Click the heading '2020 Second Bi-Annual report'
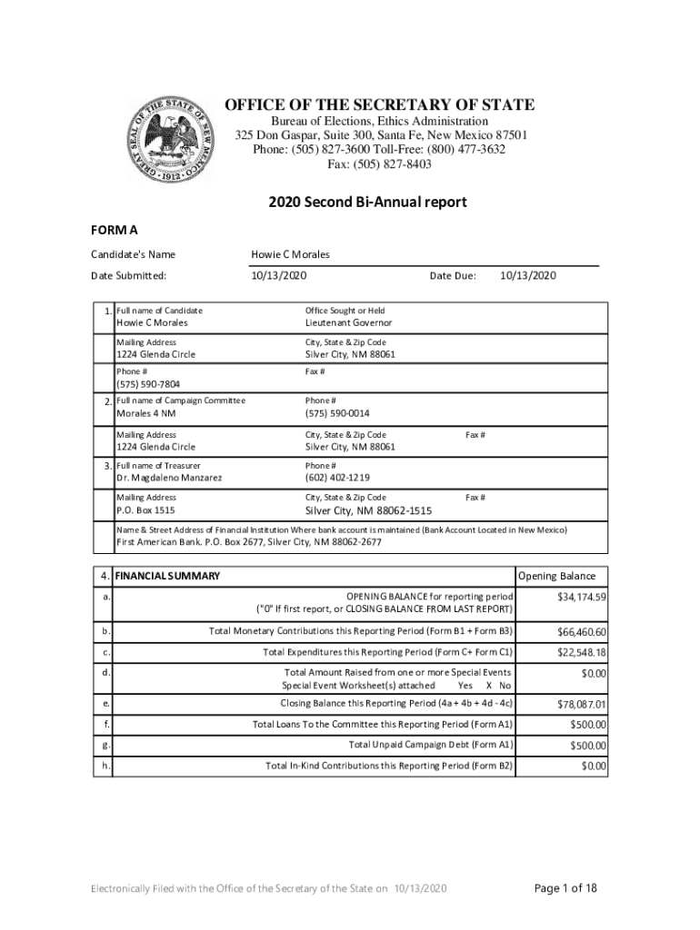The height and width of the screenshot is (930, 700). pyautogui.click(x=367, y=203)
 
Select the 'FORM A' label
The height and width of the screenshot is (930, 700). pyautogui.click(x=114, y=230)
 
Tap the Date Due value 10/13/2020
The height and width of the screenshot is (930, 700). pyautogui.click(x=528, y=276)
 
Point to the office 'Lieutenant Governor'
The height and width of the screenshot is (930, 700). pyautogui.click(x=349, y=322)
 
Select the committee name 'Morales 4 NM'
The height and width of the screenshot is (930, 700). pyautogui.click(x=146, y=414)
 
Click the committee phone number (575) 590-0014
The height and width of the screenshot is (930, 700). pyautogui.click(x=337, y=414)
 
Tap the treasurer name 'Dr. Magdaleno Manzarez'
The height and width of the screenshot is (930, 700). pyautogui.click(x=169, y=478)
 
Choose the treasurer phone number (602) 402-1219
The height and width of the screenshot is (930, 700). pyautogui.click(x=337, y=478)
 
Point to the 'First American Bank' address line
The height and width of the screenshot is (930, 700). pyautogui.click(x=248, y=542)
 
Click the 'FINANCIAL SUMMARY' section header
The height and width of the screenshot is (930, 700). pyautogui.click(x=168, y=576)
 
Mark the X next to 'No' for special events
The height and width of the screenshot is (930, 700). pyautogui.click(x=489, y=686)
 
